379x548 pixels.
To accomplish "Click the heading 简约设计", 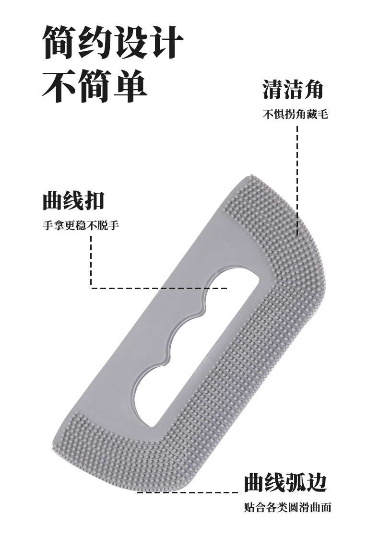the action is coord(113,43).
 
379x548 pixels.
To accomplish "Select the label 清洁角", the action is coord(293,90).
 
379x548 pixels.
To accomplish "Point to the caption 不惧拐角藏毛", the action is coord(295,115).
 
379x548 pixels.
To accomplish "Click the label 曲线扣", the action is coord(73,200).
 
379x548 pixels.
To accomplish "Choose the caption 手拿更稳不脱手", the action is coord(81,225).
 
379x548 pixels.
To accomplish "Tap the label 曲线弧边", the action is coord(285,483).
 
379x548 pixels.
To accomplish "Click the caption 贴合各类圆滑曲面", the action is coord(287,507).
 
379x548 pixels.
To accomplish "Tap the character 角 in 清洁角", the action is coord(313,90).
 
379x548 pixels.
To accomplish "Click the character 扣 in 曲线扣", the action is coord(94,200).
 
